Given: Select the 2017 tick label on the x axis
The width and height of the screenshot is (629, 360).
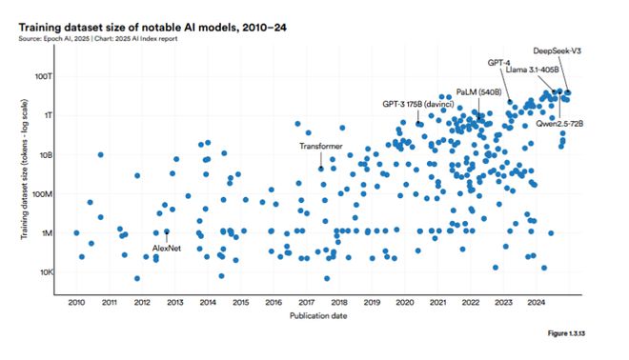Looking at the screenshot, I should (x=306, y=302).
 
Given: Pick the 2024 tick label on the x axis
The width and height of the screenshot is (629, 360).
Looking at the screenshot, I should (x=536, y=302).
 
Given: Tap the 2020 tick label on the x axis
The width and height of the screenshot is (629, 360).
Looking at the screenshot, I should (x=404, y=302).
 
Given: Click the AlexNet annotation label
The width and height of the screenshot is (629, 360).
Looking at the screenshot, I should (x=167, y=248).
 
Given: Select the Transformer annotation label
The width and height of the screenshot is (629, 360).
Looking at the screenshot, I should (x=321, y=146).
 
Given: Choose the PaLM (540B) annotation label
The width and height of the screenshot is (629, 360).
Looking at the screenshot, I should (x=479, y=92).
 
